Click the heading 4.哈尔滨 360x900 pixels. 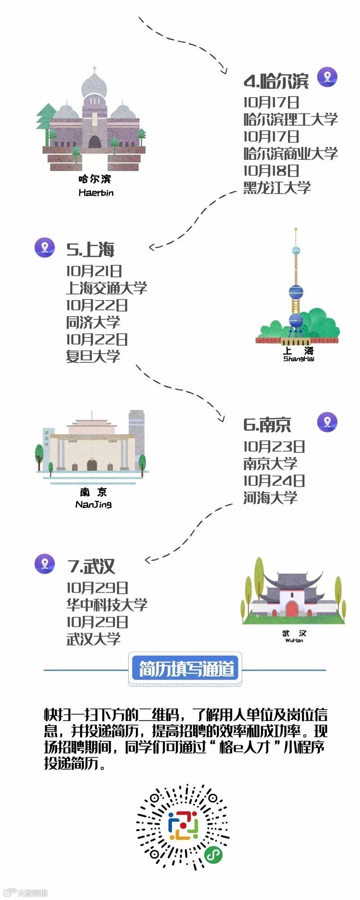point(276,81)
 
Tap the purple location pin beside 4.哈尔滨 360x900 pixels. point(327,77)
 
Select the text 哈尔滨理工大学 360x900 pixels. point(290,119)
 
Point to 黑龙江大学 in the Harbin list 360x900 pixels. point(277,188)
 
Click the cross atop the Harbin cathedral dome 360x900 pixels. point(94,70)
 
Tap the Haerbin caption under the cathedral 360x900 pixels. point(96,193)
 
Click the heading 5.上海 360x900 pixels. point(90,250)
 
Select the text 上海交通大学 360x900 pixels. point(107,288)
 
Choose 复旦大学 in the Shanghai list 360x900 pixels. point(93,356)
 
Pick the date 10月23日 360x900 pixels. point(274,446)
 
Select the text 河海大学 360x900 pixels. point(270,498)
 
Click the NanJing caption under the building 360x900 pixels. point(94,504)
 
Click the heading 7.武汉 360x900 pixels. point(91,567)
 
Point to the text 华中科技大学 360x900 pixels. point(107,605)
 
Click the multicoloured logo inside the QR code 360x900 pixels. point(183,826)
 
